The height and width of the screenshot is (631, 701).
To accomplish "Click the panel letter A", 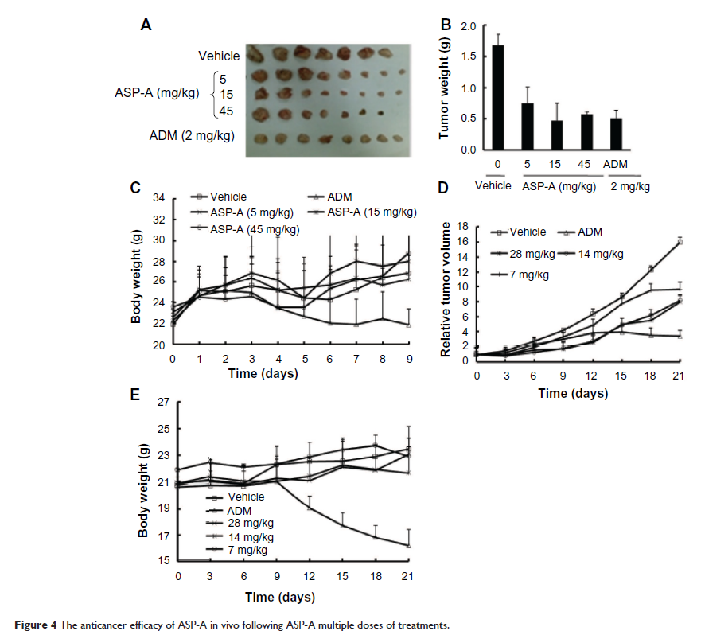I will tap(146, 25).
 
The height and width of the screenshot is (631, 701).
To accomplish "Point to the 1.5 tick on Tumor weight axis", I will tap(469, 56).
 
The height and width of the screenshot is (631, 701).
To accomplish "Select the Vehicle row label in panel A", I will tap(220, 56).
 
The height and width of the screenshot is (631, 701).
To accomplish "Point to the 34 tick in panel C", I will tap(160, 198).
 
